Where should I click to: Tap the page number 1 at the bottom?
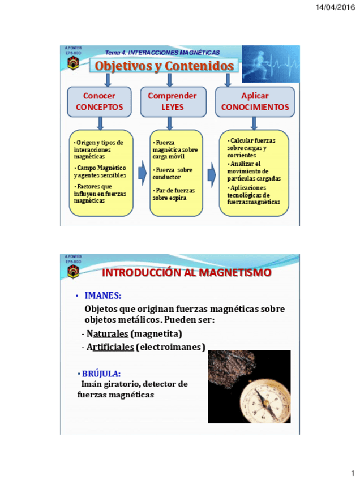[x=351, y=472]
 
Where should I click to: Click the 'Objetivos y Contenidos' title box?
[x=164, y=66]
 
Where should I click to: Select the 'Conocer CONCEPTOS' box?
[x=99, y=101]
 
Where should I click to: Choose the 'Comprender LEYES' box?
[x=172, y=101]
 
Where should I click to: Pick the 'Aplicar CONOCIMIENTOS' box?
[x=255, y=101]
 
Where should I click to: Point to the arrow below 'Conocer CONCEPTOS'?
[x=100, y=123]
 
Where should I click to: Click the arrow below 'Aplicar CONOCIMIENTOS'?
[x=254, y=123]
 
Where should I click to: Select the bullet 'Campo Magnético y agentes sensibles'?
[x=100, y=172]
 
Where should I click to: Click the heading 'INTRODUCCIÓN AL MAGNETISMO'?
[x=186, y=273]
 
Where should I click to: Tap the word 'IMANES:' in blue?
[x=102, y=295]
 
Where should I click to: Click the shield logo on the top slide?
[x=73, y=63]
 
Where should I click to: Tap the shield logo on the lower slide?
[x=73, y=272]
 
